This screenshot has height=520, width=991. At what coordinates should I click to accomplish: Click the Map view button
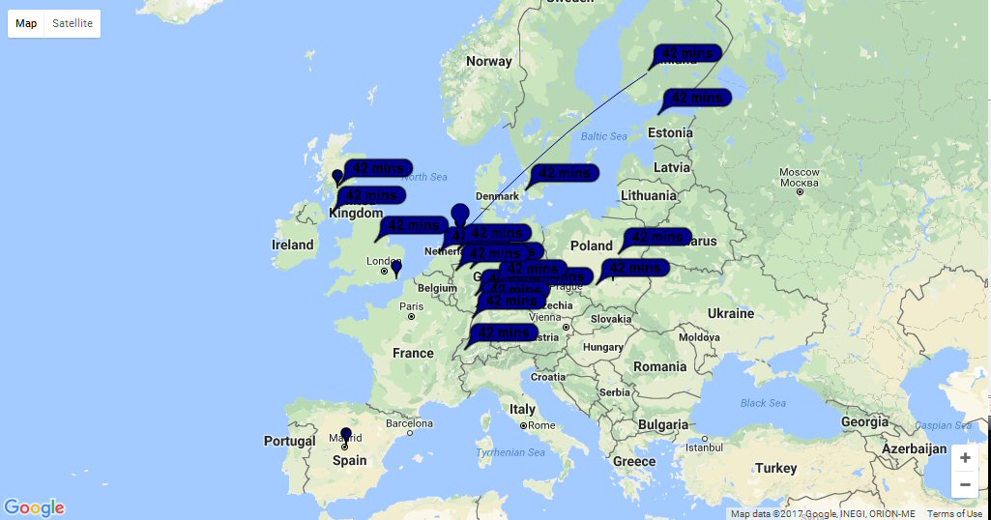(x=26, y=23)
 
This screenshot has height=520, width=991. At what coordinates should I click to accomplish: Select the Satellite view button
(x=73, y=23)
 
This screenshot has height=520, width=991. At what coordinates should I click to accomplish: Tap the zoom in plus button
(x=964, y=457)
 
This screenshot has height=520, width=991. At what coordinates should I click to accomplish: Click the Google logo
(x=34, y=507)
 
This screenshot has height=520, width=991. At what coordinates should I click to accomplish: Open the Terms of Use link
(x=954, y=514)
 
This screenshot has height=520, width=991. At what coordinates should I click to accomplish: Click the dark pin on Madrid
(x=346, y=436)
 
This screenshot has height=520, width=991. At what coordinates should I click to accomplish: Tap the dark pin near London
(x=395, y=268)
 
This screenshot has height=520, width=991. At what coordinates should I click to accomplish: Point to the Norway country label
(x=488, y=62)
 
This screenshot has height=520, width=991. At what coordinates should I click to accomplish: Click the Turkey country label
(x=776, y=469)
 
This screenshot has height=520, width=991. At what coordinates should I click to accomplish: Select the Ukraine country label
(x=730, y=314)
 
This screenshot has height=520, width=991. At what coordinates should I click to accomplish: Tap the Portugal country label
(x=290, y=442)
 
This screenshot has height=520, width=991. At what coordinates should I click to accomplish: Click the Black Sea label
(x=763, y=403)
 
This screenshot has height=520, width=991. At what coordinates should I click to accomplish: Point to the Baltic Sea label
(x=604, y=136)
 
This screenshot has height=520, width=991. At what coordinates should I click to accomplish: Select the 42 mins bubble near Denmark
(x=564, y=173)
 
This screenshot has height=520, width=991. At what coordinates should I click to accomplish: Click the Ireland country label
(x=293, y=246)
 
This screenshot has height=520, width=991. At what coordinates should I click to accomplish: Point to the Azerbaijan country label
(x=913, y=448)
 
